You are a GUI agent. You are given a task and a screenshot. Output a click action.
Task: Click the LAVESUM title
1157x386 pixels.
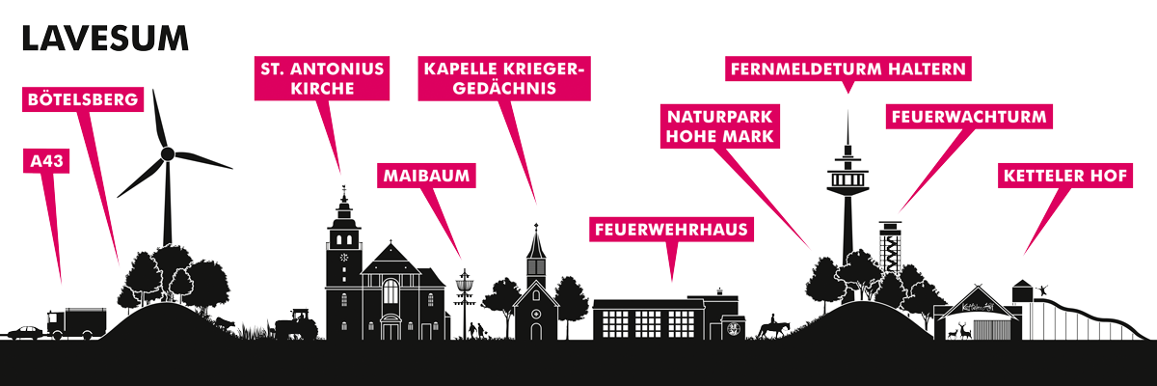pos(105,40)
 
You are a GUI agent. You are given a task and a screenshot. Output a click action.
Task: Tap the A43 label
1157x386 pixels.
pos(46,161)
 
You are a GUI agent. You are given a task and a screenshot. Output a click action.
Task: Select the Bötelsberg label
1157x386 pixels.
pos(83,99)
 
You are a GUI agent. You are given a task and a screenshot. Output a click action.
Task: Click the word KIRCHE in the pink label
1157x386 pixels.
pos(322,89)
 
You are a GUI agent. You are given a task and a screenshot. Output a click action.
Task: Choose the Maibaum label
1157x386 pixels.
pos(426,176)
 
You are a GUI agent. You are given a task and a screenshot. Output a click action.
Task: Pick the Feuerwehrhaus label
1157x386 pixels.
pos(671,230)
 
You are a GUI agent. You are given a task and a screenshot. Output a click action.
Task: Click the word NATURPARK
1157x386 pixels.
pos(720,117)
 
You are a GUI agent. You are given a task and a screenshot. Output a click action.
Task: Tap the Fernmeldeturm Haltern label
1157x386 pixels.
pos(848,69)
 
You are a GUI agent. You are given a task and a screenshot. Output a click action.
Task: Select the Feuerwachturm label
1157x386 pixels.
pos(969,117)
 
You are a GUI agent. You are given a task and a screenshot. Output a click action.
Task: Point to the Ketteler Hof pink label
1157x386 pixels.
pos(1065,176)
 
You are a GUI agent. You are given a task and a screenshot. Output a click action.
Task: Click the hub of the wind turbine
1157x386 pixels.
pos(168,153)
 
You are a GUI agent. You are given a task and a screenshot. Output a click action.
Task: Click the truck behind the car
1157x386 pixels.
pos(77,323)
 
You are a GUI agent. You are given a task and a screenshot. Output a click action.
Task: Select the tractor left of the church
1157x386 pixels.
pos(296,325)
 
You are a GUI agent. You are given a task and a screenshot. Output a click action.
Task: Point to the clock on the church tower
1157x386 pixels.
pos(344,257)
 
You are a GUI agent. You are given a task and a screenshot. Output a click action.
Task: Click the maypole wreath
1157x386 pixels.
pos(465,285)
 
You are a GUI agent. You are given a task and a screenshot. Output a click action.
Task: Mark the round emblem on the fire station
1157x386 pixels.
pos(733,329)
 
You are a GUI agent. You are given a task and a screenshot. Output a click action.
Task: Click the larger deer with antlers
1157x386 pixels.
pos(964,330)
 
